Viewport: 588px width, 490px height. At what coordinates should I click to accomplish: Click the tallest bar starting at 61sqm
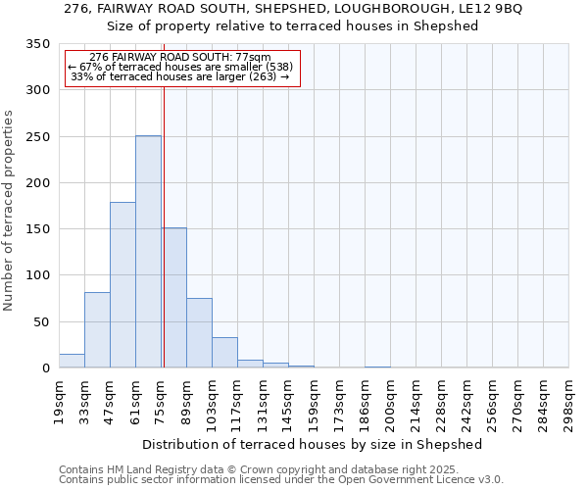coord(148,252)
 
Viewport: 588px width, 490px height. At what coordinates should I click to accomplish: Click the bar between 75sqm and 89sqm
coord(173,298)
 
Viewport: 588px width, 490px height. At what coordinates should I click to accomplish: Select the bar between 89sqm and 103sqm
coord(199,333)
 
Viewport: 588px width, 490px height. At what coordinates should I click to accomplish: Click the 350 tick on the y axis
coord(37,44)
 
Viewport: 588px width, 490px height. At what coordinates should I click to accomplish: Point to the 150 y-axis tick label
coord(37,229)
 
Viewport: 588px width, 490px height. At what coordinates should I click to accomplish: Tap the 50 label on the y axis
coord(41,321)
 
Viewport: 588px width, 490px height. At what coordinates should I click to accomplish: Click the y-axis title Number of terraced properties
coord(10,211)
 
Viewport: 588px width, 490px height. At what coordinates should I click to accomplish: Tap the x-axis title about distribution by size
coord(313,444)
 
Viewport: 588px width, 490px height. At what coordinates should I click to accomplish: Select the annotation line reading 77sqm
coord(180,58)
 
